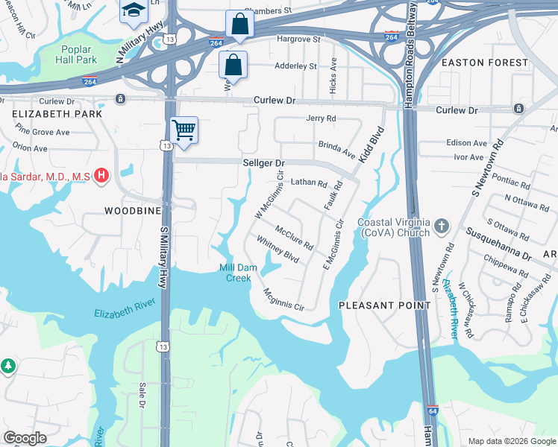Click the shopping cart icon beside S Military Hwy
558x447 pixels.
[x=184, y=130]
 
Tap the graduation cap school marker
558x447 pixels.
[x=134, y=9]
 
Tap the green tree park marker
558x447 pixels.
[x=7, y=367]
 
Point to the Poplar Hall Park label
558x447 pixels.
[x=77, y=54]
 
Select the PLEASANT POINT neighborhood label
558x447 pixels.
[x=384, y=305]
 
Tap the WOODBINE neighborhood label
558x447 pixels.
[x=122, y=212]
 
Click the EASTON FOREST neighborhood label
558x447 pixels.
[x=484, y=63]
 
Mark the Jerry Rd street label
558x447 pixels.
[x=321, y=118]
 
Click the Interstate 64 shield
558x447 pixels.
[x=433, y=410]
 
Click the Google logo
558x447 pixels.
[x=25, y=438]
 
